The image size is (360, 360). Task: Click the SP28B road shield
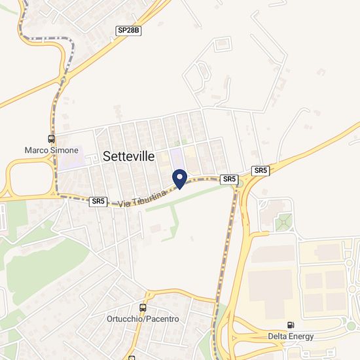click(129, 30)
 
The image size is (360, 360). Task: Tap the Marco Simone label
click(51, 150)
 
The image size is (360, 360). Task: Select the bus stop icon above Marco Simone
click(51, 139)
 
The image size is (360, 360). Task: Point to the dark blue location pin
click(179, 178)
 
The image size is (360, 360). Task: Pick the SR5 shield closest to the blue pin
click(229, 179)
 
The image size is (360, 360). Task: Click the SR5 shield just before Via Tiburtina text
click(98, 202)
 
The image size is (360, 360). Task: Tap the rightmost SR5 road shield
click(261, 170)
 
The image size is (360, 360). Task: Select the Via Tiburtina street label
click(139, 196)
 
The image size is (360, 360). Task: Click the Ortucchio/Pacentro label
click(143, 319)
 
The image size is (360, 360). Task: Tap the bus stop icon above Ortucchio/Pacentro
click(143, 308)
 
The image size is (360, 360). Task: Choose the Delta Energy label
click(291, 336)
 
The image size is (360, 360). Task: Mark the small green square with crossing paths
click(283, 222)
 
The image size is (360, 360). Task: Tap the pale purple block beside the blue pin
click(176, 158)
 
